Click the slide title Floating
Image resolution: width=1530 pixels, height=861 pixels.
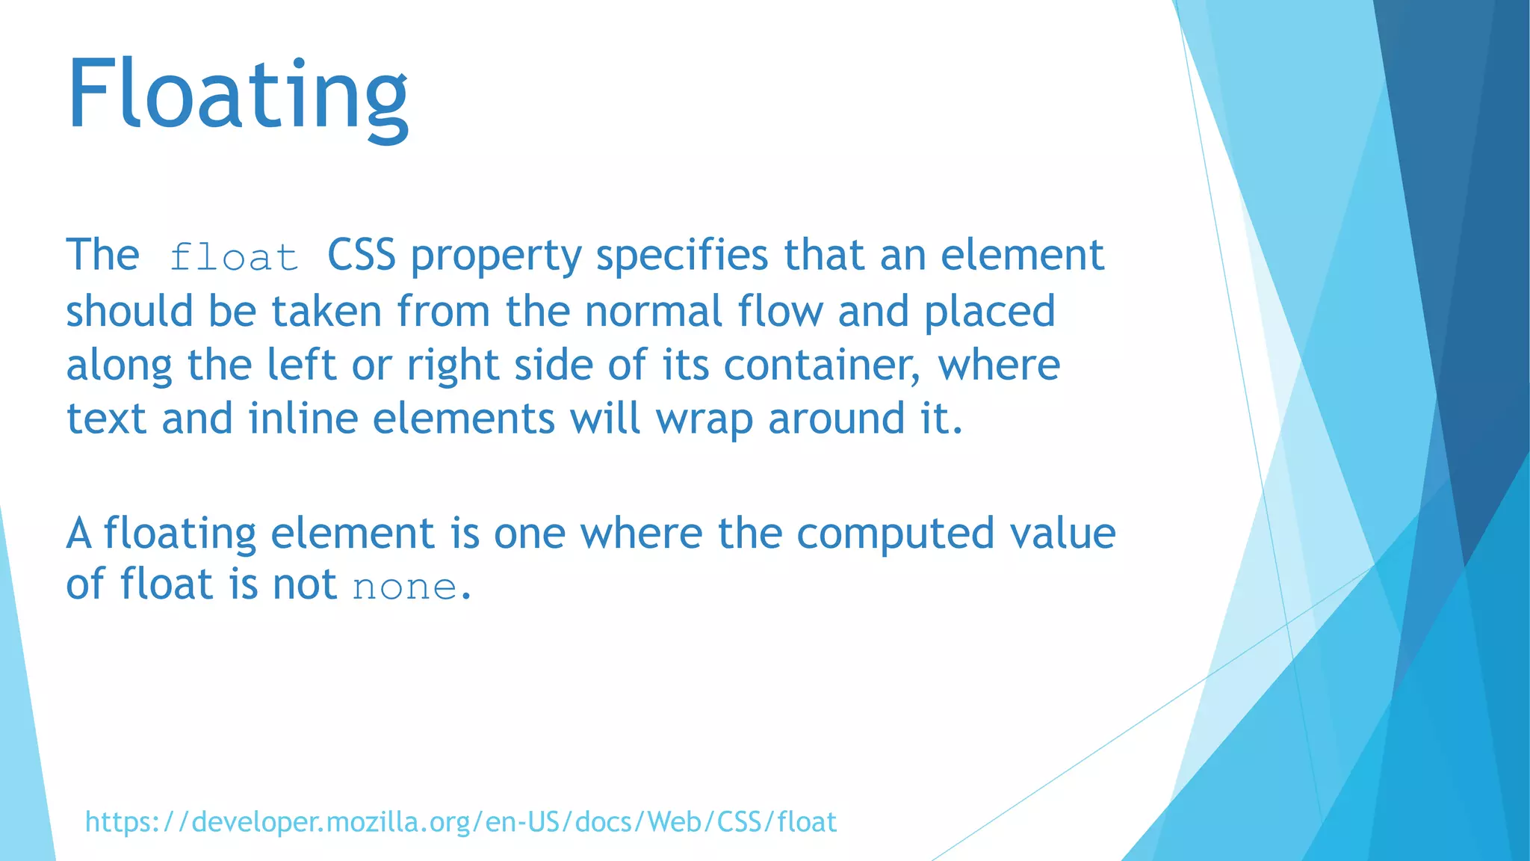click(x=238, y=96)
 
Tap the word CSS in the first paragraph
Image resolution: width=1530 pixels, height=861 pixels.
click(x=361, y=256)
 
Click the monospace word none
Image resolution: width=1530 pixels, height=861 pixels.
click(x=404, y=587)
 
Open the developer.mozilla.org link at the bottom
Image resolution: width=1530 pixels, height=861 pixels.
click(x=460, y=822)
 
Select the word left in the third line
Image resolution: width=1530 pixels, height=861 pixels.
click(x=301, y=365)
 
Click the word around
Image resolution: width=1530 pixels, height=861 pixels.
click(x=836, y=419)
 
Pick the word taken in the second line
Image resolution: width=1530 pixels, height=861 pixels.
click(x=326, y=312)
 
